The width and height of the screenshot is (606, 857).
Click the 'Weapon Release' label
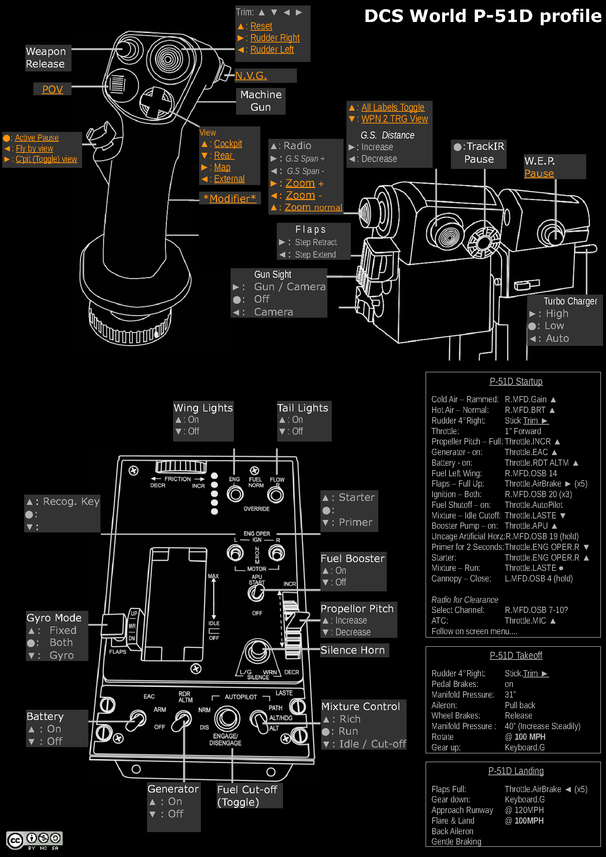(x=46, y=58)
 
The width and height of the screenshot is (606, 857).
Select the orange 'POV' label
(x=52, y=89)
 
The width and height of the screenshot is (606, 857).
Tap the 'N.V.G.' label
(x=251, y=76)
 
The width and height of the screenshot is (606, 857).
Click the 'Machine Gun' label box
(x=261, y=101)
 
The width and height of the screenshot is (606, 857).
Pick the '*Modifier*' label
(x=229, y=199)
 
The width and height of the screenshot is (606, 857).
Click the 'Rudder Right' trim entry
(x=275, y=38)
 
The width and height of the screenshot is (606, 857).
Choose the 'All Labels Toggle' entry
(x=392, y=107)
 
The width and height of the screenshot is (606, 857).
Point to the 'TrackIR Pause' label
(x=479, y=153)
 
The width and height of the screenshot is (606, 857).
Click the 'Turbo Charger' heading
(x=570, y=301)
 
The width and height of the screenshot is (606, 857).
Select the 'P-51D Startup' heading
(x=516, y=381)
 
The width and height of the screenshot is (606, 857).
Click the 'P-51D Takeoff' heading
(x=516, y=655)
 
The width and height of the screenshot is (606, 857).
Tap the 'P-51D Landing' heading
(x=516, y=771)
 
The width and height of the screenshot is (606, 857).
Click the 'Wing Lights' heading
(x=203, y=408)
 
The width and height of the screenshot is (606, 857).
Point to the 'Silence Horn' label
(x=352, y=650)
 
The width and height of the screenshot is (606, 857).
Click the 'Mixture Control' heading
(x=361, y=706)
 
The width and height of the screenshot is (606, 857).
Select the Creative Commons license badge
(x=34, y=840)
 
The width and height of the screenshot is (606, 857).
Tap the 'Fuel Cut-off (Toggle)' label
(x=247, y=795)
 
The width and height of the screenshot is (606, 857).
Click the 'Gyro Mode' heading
(x=54, y=618)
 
